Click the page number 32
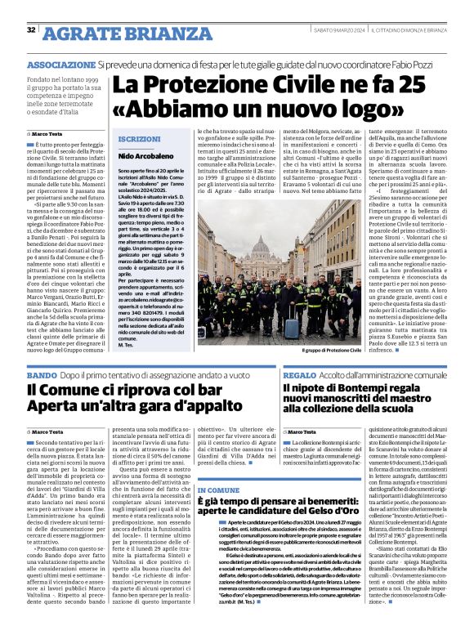click(31, 30)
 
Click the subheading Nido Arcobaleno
click(143, 155)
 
